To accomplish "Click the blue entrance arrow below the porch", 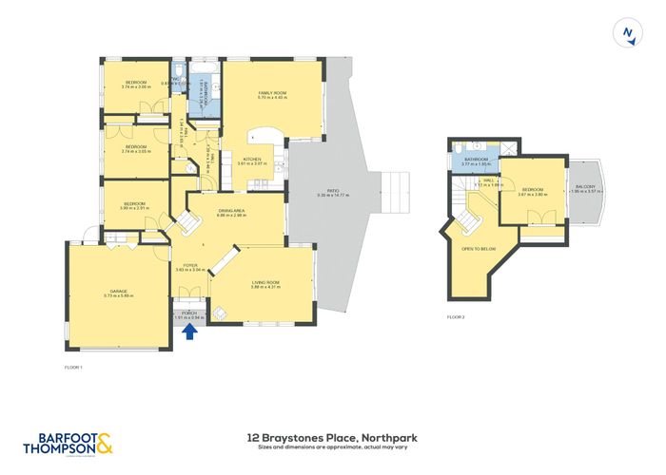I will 188,332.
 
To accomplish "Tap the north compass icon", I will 627,33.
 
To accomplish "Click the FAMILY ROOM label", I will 272,92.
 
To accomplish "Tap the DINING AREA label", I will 231,212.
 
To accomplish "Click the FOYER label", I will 190,265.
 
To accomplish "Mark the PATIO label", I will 333,191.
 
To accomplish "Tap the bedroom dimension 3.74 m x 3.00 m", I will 137,86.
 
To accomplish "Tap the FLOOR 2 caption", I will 458,317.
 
